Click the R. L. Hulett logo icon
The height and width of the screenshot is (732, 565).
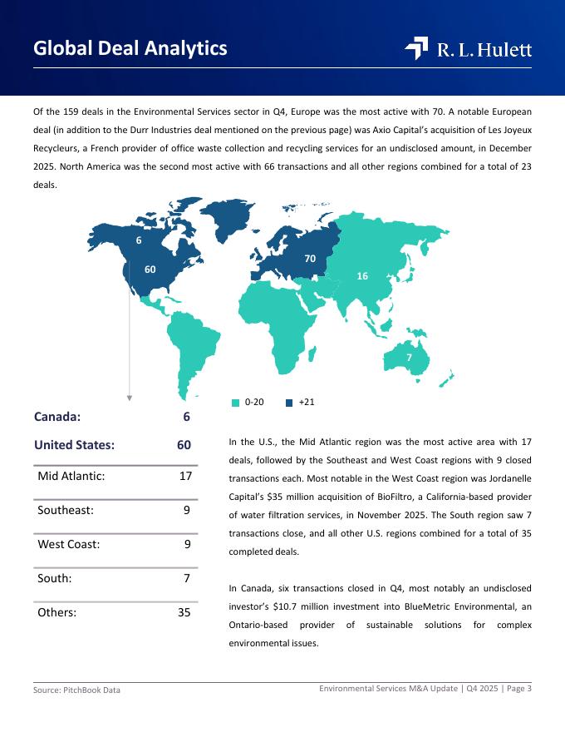tap(416, 49)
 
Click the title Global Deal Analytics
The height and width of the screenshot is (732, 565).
tap(130, 48)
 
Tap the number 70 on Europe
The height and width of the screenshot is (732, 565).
tap(310, 259)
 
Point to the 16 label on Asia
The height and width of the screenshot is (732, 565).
tap(362, 275)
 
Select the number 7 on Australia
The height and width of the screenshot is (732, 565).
tap(409, 357)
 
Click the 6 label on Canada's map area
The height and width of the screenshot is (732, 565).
tap(139, 240)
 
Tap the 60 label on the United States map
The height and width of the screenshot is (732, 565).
tap(150, 269)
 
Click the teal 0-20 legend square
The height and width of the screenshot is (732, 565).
tap(236, 403)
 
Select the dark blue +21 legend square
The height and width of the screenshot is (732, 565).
tap(289, 403)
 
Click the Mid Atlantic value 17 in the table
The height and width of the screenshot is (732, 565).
tap(186, 477)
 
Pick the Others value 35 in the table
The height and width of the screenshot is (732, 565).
tap(184, 612)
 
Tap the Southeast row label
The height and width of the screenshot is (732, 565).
tap(66, 510)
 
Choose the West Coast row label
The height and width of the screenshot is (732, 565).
tap(69, 544)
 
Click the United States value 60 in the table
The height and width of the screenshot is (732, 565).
tap(184, 445)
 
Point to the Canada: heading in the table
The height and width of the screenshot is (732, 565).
tap(57, 417)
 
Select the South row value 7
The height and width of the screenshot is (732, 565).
tap(187, 577)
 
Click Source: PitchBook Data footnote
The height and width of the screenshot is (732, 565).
tap(76, 690)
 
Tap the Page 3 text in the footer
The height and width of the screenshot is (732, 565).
tap(518, 688)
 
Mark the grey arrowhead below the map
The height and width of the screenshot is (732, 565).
tap(130, 398)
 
